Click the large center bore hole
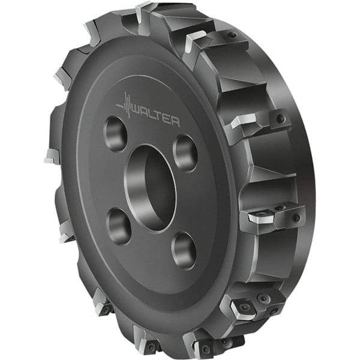150,187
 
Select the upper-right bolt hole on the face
185,152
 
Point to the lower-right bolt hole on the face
183,250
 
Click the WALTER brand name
155,117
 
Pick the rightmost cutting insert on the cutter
262,218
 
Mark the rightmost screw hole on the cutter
296,218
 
